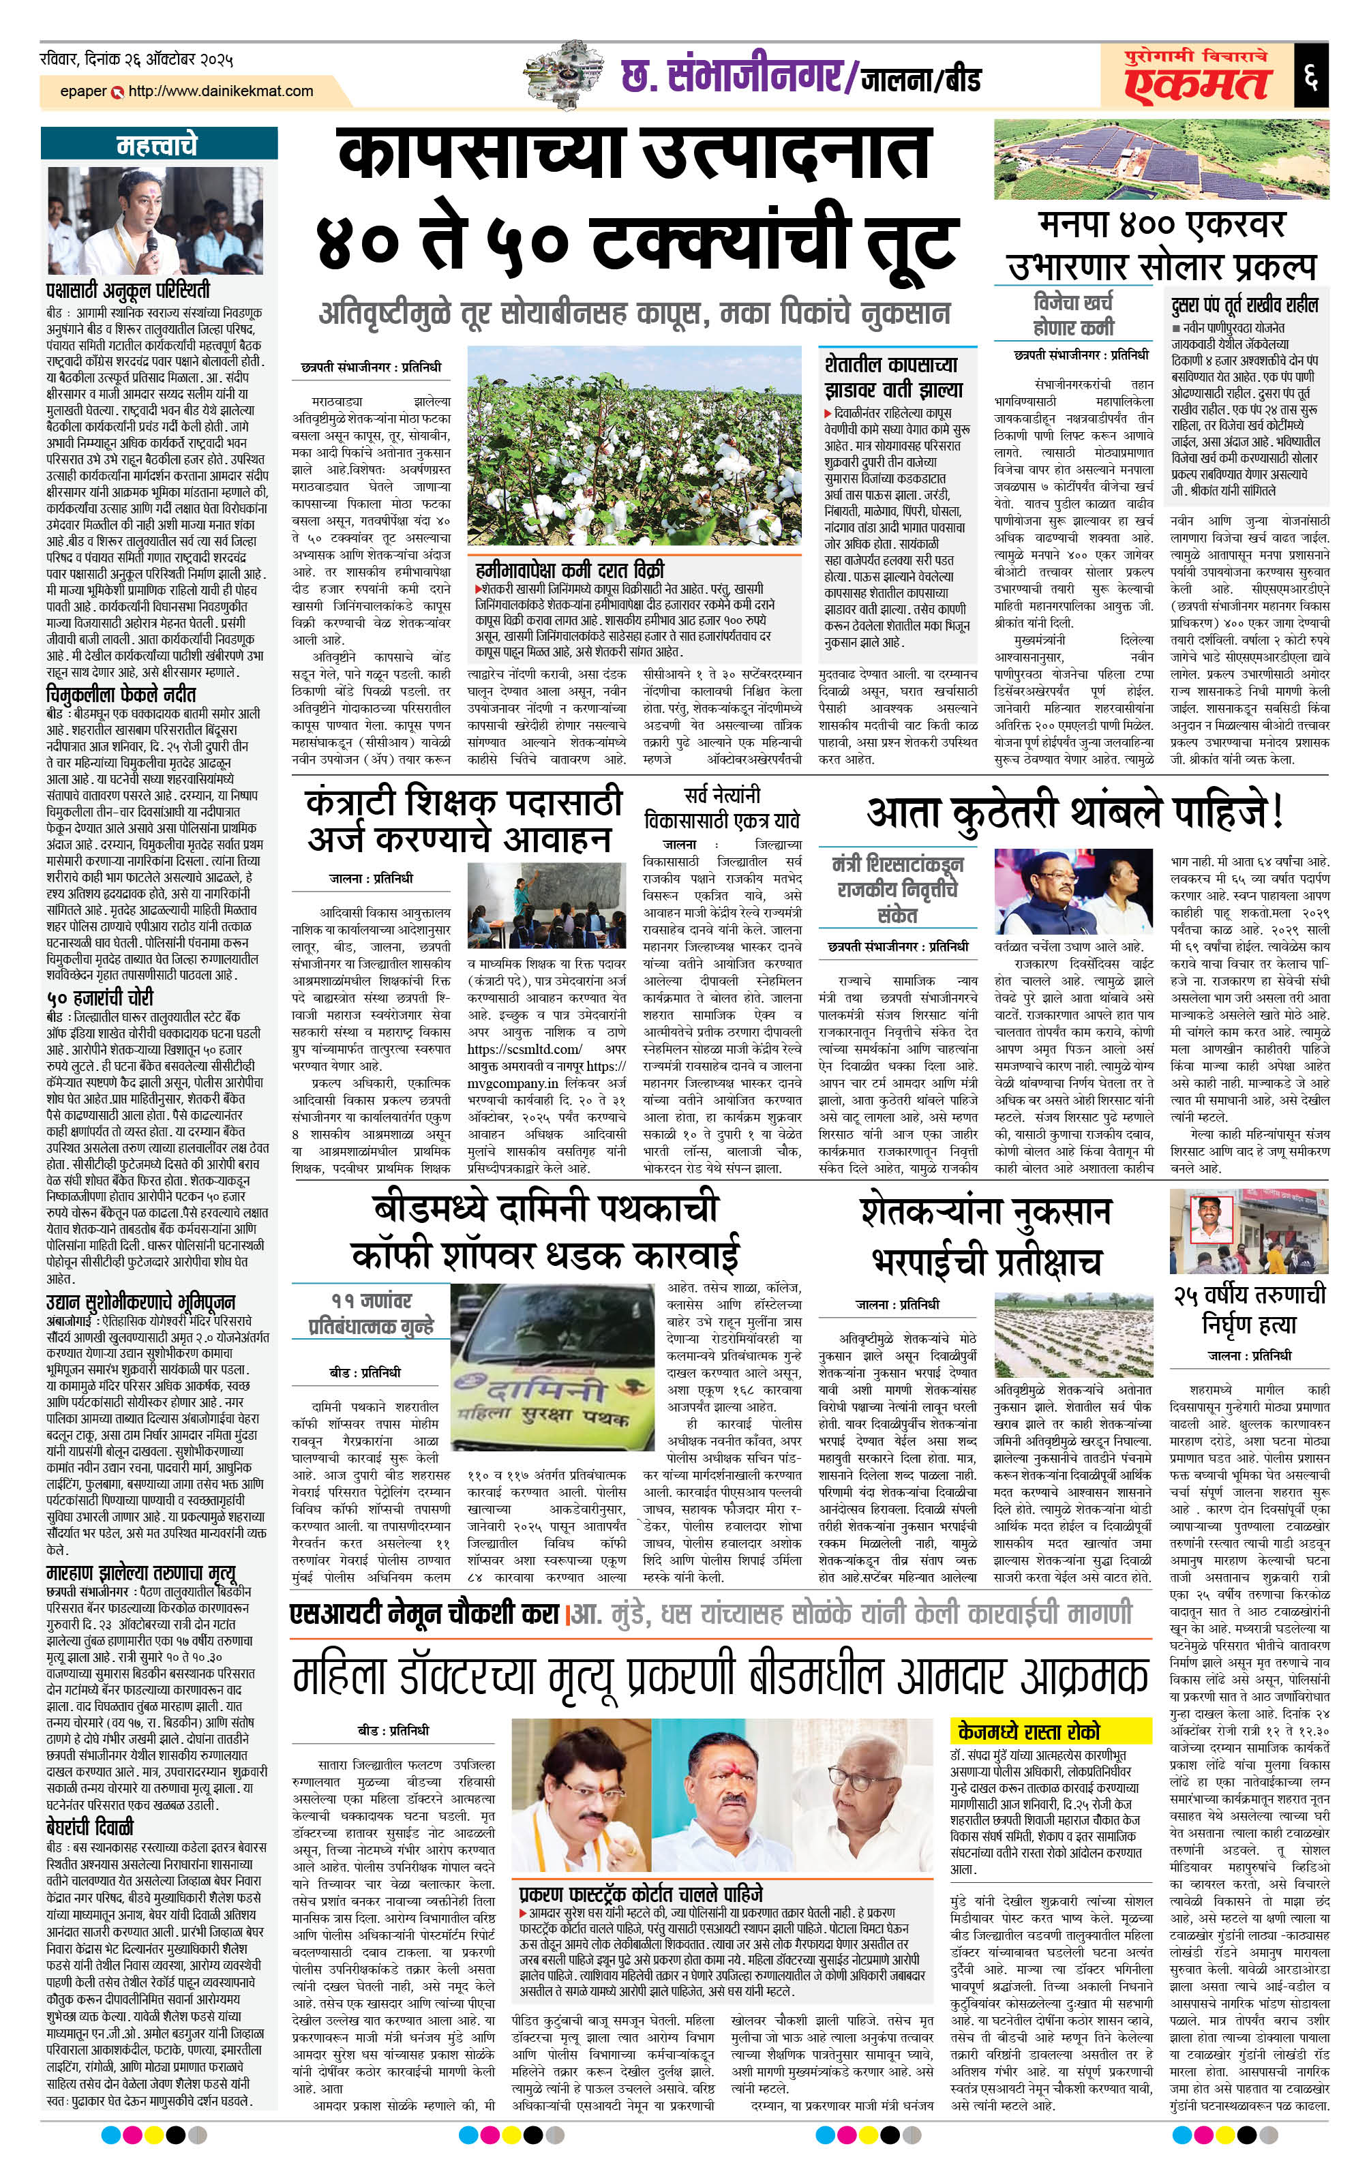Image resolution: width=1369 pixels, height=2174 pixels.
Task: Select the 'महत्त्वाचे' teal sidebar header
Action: [x=157, y=145]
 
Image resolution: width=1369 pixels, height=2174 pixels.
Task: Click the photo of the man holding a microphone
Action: [x=155, y=220]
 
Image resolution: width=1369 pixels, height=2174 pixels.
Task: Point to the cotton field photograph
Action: [x=634, y=447]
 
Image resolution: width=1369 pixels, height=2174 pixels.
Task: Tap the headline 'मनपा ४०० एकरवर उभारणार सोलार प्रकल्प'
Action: [x=1161, y=245]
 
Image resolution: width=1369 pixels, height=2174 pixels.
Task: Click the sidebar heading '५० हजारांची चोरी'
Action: [x=100, y=997]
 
